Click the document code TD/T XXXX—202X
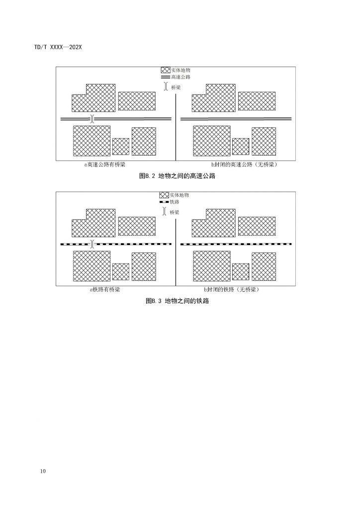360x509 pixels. coord(58,47)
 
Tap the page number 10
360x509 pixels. coord(43,471)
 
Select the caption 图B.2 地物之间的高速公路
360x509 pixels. coord(177,176)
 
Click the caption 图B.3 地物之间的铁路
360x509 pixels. coord(177,301)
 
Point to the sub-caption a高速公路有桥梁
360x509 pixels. coord(104,165)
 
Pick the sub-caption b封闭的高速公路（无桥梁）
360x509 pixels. coord(245,165)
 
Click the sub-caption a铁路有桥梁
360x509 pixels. coord(104,290)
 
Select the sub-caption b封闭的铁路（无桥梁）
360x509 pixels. coord(232,290)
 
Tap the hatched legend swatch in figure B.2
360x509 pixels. coord(166,70)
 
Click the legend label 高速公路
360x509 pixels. coord(181,77)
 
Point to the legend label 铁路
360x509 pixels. coord(175,202)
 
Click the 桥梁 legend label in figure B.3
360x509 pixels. coord(175,212)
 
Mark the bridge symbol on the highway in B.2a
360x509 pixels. coord(92,119)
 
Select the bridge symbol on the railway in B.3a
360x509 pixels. coord(92,244)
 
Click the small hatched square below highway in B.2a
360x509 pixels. coord(121,147)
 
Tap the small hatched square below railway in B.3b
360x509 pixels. coord(241,272)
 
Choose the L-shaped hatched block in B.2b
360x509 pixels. coord(214,98)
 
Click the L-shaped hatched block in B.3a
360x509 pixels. coord(93,223)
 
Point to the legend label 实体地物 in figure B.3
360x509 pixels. coord(179,195)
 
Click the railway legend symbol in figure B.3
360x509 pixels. coord(164,202)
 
